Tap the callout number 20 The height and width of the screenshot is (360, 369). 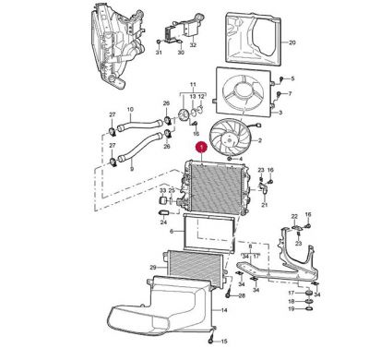point(292,42)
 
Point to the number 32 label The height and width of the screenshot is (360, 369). point(193,43)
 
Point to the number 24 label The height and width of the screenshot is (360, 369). point(163,222)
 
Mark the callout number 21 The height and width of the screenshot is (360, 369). point(264,206)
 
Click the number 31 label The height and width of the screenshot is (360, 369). point(158,53)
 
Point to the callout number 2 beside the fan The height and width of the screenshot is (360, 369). point(260,140)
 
